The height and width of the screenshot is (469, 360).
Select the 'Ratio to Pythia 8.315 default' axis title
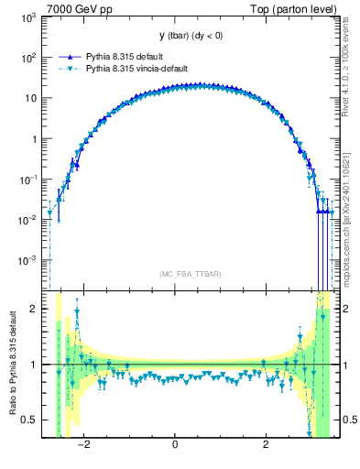point(11,363)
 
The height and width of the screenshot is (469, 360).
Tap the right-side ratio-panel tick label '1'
point(342,365)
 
